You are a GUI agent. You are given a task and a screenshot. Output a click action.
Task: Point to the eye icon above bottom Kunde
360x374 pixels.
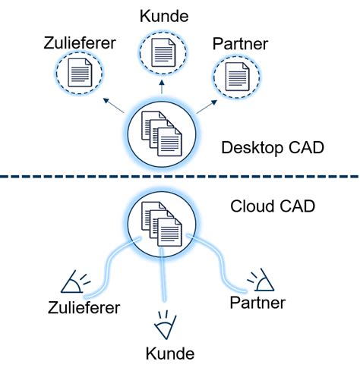(163, 325)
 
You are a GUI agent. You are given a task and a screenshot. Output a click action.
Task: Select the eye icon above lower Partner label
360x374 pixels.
(263, 281)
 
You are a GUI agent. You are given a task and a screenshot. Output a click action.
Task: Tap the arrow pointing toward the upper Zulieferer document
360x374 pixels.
(113, 105)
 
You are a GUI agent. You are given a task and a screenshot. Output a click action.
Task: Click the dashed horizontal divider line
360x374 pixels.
(180, 177)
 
